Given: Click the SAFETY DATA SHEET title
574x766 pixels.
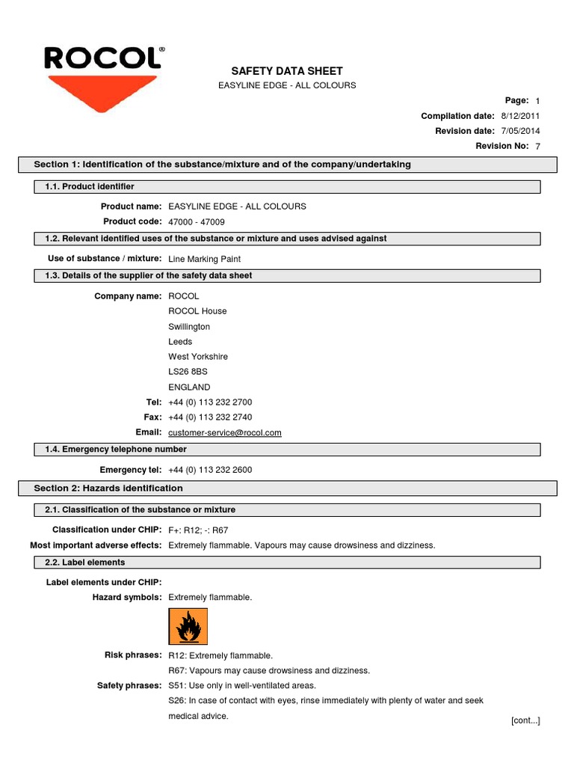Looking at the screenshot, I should [286, 70].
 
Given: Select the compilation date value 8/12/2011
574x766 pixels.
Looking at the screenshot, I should [520, 116].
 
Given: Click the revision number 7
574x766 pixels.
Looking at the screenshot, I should [537, 147].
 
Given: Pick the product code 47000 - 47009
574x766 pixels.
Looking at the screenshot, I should [196, 222].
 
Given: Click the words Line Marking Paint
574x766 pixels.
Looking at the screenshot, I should [205, 259].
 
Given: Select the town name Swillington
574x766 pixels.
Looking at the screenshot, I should [189, 327].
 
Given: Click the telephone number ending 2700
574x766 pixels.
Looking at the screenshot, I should [210, 402].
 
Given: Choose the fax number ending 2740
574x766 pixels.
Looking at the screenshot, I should [210, 417].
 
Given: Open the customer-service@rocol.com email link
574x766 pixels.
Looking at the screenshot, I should [225, 433].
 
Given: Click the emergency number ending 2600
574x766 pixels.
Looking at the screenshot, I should [210, 470].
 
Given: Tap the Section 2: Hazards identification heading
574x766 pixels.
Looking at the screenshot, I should [108, 488].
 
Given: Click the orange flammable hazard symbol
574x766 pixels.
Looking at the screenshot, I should [188, 627].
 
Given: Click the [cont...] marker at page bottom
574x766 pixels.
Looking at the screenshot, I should [525, 720].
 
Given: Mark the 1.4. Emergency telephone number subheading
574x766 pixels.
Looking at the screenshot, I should [111, 450].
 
